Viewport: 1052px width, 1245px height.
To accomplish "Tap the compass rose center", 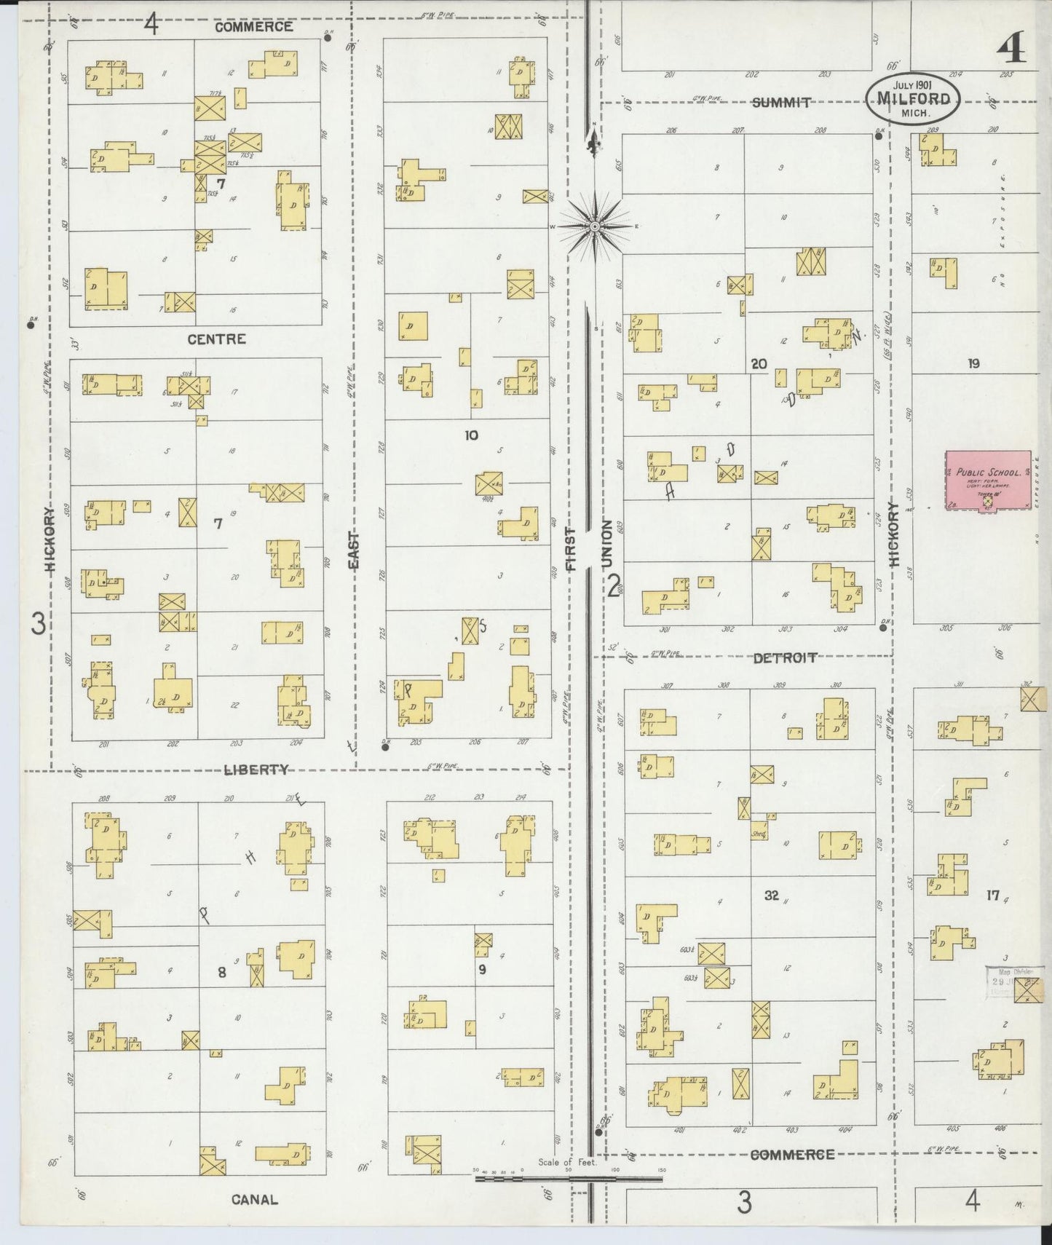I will click(595, 227).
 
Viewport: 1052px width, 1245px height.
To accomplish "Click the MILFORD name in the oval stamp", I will click(913, 99).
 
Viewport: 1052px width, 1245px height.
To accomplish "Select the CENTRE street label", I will click(216, 339).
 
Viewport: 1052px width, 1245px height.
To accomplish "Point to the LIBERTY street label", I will click(256, 770).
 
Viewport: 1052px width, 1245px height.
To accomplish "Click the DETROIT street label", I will click(784, 658).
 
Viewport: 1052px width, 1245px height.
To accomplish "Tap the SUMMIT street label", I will click(781, 103).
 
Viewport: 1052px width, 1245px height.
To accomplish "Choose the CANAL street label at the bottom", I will click(254, 1199).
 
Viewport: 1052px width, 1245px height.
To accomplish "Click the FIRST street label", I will click(570, 548).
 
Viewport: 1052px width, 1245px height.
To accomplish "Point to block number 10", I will click(471, 435).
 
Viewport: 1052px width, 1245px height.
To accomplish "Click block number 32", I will click(772, 896).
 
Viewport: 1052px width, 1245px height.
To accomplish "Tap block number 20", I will click(759, 363).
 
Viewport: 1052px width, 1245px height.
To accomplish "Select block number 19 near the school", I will click(973, 363).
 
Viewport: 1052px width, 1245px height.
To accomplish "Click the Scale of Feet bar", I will click(568, 1177).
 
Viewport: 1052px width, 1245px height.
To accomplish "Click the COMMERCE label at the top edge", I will click(253, 27).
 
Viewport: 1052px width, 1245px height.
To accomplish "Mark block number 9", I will click(482, 969).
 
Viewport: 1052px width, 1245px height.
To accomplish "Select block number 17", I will click(993, 896).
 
